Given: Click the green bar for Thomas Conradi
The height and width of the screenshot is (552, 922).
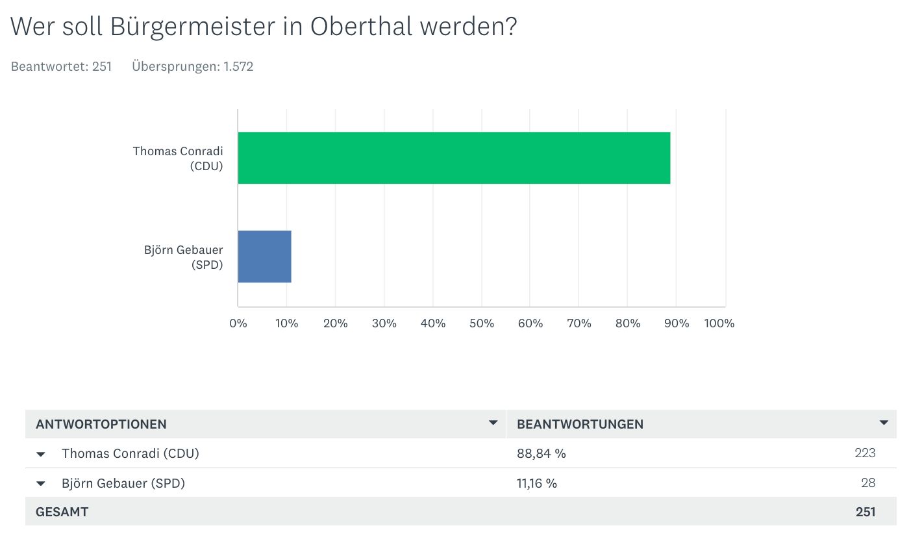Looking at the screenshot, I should click(x=454, y=158).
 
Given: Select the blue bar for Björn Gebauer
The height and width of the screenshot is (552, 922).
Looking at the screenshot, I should click(x=264, y=257).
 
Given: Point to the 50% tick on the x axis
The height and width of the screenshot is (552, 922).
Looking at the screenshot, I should click(x=481, y=323).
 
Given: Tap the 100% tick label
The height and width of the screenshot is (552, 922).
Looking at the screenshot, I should click(x=719, y=323).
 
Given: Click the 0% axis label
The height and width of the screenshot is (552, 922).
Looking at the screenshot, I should click(x=238, y=323).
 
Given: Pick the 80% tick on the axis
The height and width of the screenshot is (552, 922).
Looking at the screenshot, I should click(x=627, y=323).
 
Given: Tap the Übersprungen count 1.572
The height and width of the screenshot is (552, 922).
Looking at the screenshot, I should click(x=238, y=66).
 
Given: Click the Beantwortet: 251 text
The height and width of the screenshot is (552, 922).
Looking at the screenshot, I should click(x=62, y=66).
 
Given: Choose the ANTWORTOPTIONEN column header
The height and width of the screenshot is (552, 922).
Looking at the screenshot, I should click(x=101, y=424).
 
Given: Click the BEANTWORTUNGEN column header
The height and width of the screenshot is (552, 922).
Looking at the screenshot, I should click(x=580, y=424).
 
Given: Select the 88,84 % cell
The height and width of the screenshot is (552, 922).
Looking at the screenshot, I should click(x=541, y=453).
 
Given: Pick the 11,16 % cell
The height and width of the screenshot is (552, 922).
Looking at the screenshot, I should click(x=536, y=483).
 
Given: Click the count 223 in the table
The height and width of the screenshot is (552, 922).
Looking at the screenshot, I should click(x=865, y=453).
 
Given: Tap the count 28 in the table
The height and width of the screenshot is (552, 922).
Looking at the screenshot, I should click(x=868, y=483).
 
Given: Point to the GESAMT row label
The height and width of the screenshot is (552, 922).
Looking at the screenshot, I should click(x=62, y=512).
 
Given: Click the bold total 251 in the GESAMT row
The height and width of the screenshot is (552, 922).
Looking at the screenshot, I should click(x=866, y=512).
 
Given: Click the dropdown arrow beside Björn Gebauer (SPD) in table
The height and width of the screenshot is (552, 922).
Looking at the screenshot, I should click(x=41, y=484).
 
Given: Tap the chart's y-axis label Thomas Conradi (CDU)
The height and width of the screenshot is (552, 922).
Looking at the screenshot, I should click(x=178, y=158).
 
